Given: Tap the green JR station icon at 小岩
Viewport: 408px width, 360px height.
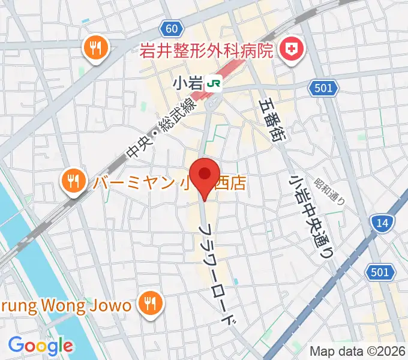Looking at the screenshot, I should pyautogui.click(x=212, y=84).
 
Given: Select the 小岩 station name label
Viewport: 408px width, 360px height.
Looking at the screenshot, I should pyautogui.click(x=188, y=84).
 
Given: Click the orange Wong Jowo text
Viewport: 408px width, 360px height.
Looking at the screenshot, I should pyautogui.click(x=65, y=305).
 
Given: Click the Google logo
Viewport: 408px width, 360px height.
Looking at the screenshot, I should pyautogui.click(x=40, y=345).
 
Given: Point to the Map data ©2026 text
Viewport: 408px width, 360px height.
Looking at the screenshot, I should pyautogui.click(x=356, y=350).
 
